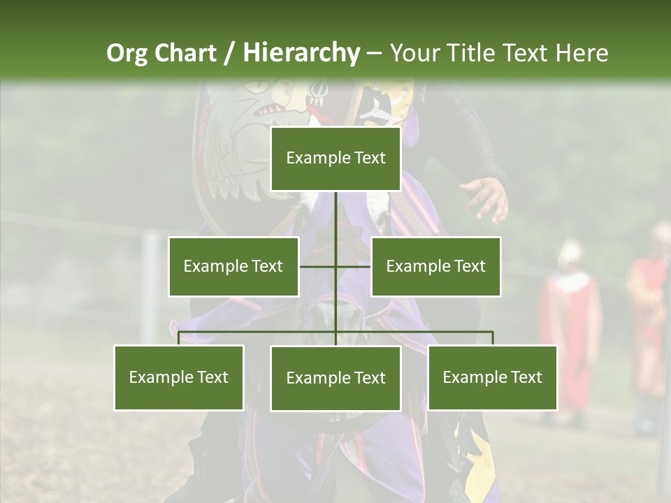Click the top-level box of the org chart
(x=335, y=159)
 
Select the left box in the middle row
(x=233, y=266)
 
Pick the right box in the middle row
(x=435, y=266)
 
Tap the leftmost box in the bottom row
(x=179, y=377)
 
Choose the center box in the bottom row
(x=335, y=378)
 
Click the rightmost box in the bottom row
(x=492, y=377)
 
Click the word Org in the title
(x=127, y=53)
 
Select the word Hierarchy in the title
(x=301, y=53)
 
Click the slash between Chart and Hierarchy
(x=229, y=53)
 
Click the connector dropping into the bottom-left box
(x=179, y=338)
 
